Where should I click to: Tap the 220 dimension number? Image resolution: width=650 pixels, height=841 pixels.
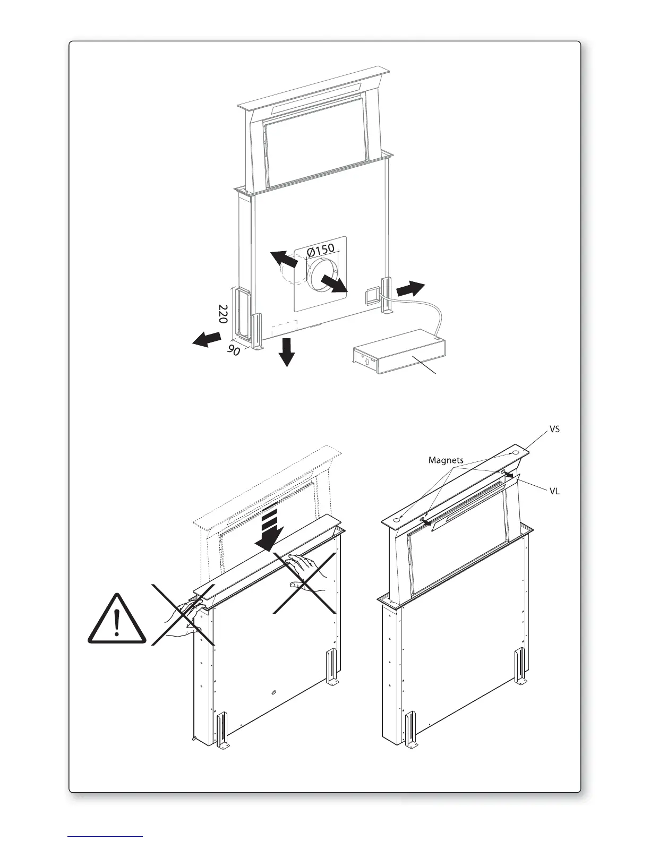coord(224,314)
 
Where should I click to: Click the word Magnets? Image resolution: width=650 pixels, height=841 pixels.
coord(446,460)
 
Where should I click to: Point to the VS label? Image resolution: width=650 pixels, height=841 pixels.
coord(554,428)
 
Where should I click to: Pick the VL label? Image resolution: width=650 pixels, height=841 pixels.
coord(554,492)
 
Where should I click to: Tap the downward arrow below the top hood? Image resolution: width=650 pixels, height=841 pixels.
coord(287,351)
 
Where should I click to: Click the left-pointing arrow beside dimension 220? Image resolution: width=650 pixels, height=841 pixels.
coord(207,339)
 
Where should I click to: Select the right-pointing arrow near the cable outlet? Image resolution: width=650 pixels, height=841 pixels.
coord(410,289)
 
